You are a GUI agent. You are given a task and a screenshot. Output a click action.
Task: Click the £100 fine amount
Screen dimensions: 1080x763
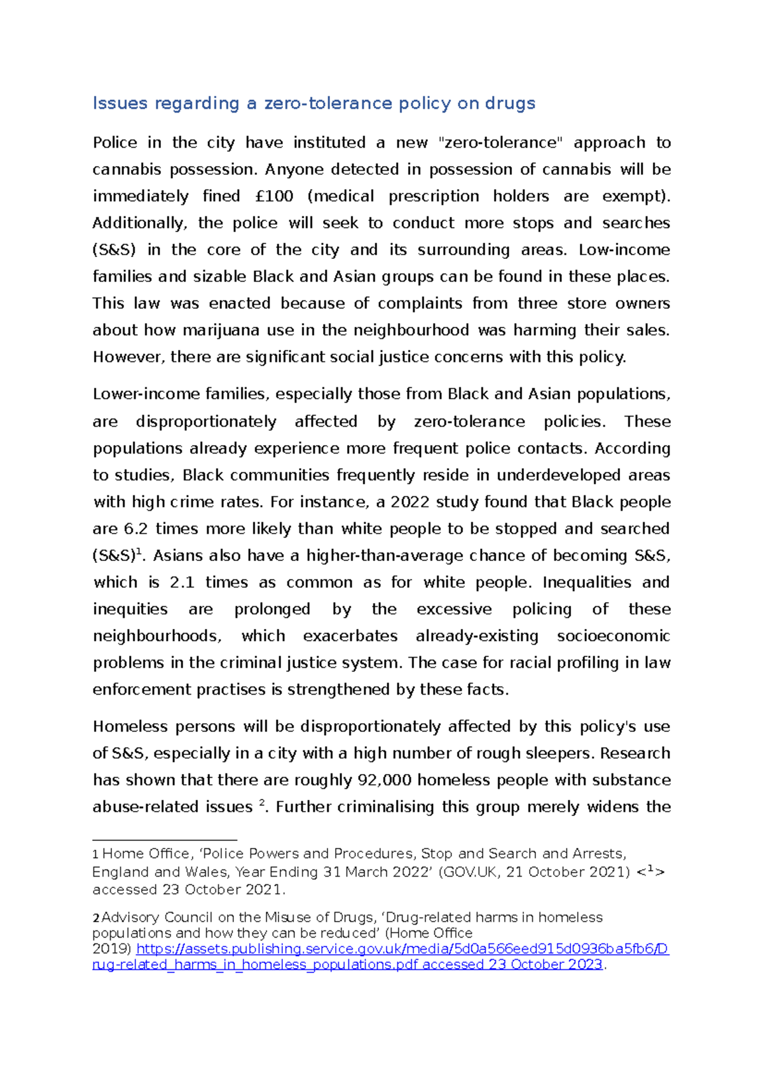(274, 196)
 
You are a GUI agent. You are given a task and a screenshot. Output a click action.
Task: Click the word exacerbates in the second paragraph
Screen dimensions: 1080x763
(350, 636)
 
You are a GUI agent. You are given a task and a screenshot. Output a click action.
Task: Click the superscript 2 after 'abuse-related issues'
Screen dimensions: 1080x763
(261, 803)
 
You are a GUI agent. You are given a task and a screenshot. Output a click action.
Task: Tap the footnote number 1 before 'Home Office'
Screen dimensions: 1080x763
(95, 855)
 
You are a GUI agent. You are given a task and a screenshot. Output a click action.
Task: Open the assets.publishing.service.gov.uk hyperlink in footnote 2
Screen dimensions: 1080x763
(402, 949)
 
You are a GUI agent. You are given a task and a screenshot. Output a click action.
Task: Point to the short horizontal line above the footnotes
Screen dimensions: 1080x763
(165, 840)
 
